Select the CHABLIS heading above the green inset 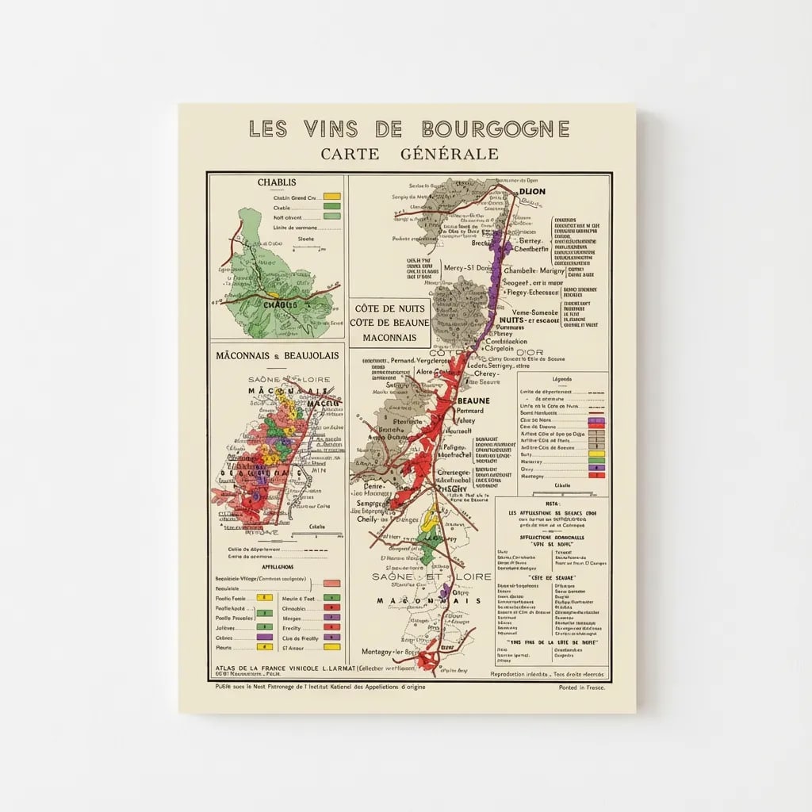click(276, 182)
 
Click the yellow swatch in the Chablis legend click(331, 197)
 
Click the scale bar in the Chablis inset click(305, 247)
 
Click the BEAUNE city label click(474, 401)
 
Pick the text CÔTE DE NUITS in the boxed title click(389, 308)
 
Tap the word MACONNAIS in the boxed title click(389, 337)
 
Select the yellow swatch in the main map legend click(596, 454)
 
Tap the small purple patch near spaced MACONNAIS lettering click(446, 591)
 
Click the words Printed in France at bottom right click(581, 688)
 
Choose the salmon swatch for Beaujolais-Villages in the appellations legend click(331, 583)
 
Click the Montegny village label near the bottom click(389, 651)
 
